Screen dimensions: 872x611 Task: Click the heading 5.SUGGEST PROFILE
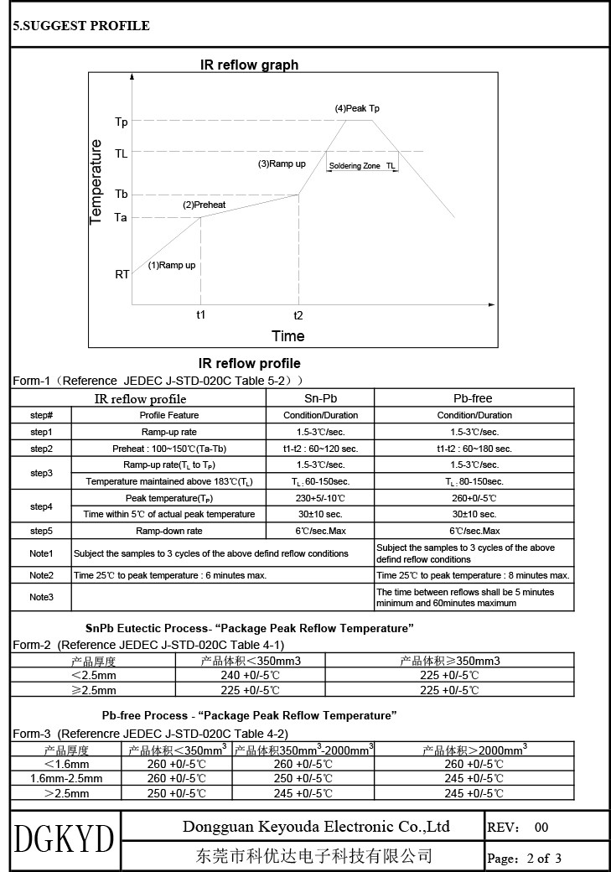coord(81,26)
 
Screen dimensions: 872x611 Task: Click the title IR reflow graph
coord(249,65)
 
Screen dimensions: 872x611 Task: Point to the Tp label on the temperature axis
coord(122,122)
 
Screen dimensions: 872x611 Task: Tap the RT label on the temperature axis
coord(122,274)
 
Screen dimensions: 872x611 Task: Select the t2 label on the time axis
coord(298,315)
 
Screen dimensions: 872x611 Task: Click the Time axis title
coord(287,336)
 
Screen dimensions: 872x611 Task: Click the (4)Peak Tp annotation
coord(357,109)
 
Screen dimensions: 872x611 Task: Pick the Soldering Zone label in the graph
coord(355,166)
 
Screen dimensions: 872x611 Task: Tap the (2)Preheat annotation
coord(205,205)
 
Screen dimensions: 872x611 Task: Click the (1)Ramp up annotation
coord(172,266)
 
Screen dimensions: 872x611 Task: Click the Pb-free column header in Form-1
coord(474,398)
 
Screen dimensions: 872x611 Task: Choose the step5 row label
coord(41,531)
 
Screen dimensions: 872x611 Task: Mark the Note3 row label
coord(41,597)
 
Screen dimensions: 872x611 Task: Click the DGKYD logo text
coord(65,839)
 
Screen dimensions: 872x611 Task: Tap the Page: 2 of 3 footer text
coord(524,858)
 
